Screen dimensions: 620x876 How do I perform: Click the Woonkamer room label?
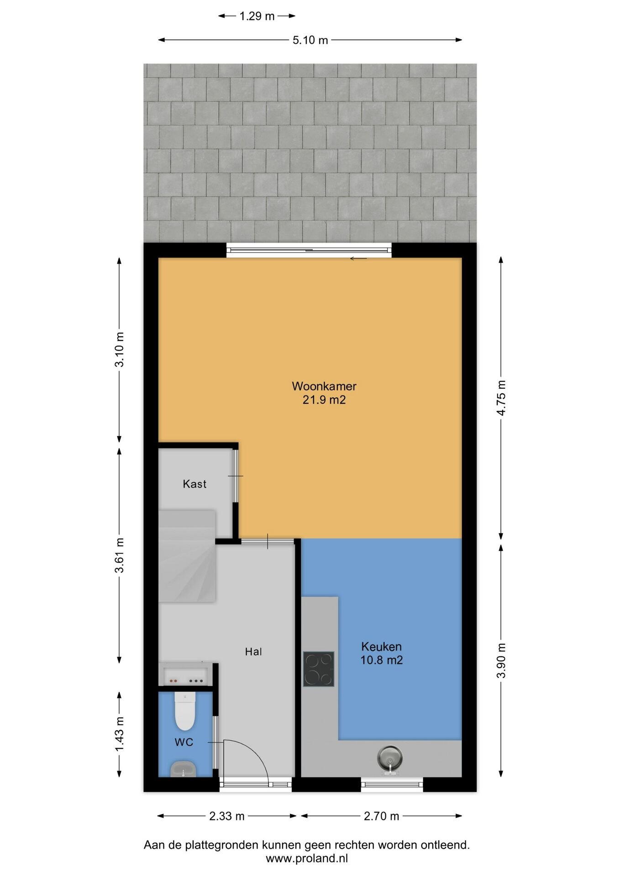point(324,386)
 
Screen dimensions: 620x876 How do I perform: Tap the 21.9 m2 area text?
point(324,400)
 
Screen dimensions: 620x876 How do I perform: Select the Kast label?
point(194,484)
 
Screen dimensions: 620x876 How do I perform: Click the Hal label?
point(253,652)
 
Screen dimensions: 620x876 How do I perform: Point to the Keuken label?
point(381,647)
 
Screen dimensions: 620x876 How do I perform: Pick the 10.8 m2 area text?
point(381,660)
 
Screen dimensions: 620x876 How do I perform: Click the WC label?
point(184,742)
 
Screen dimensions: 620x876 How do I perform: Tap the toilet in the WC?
point(185,711)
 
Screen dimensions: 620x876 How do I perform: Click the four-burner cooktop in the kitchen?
point(319,669)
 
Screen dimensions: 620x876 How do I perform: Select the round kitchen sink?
point(390,758)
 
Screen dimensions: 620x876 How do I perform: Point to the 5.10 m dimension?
point(310,40)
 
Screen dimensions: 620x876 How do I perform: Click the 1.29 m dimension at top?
point(257,16)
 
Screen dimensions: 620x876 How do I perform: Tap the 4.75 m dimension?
point(501,398)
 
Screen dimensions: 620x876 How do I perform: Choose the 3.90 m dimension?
point(501,660)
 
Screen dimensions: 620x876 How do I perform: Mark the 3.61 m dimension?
point(120,555)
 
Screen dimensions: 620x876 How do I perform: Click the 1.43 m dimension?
point(120,734)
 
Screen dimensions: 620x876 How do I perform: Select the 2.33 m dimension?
point(227,816)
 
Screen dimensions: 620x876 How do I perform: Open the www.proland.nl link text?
point(307,858)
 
